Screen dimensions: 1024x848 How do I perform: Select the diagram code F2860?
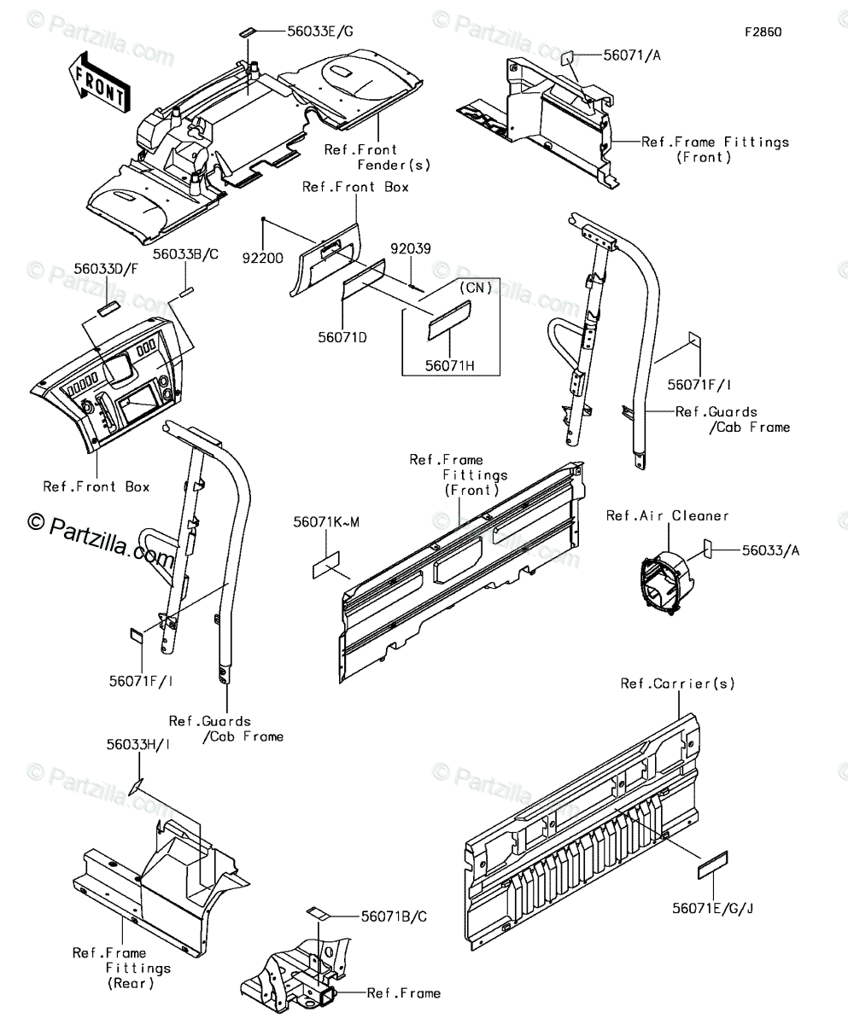[x=763, y=32]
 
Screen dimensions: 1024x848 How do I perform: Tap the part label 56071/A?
[x=632, y=56]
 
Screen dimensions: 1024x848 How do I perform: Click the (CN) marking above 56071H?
[x=476, y=288]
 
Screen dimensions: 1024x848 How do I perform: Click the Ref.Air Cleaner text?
[x=667, y=515]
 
